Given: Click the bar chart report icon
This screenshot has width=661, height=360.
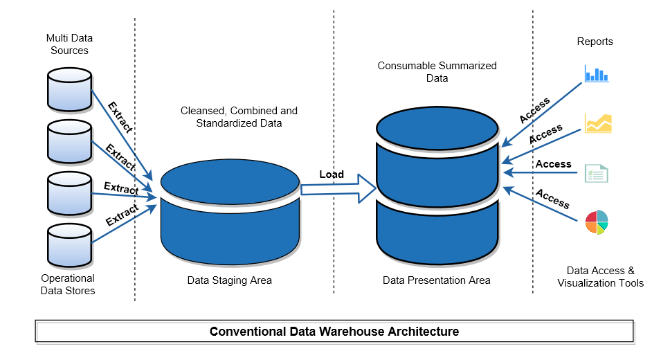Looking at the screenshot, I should click(x=596, y=73).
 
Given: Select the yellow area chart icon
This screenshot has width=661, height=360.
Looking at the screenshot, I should click(x=598, y=123).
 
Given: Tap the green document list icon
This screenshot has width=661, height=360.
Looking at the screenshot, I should click(x=596, y=173).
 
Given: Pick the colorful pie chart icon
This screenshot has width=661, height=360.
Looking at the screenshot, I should click(x=596, y=222).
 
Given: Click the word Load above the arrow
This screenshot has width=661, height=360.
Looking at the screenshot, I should click(x=332, y=174).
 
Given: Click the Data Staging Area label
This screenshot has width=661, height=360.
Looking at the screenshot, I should click(x=229, y=280).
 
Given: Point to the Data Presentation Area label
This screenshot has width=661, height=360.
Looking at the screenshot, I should click(x=436, y=280).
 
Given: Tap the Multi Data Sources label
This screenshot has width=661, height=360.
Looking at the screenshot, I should click(x=69, y=44).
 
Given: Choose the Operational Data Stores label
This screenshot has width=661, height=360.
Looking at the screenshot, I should click(x=68, y=285).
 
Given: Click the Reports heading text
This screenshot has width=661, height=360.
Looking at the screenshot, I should click(x=595, y=42).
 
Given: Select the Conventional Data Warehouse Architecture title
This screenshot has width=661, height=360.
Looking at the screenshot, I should click(x=334, y=332).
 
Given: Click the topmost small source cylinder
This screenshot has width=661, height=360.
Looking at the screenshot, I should click(x=69, y=89).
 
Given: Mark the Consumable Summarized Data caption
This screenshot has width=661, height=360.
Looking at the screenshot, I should click(x=437, y=72).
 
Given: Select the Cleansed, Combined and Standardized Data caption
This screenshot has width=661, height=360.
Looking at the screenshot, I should click(x=239, y=117).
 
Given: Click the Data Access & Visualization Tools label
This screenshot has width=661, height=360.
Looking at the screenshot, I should click(x=600, y=277).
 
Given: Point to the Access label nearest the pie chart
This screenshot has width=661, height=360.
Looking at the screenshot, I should click(x=552, y=199).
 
